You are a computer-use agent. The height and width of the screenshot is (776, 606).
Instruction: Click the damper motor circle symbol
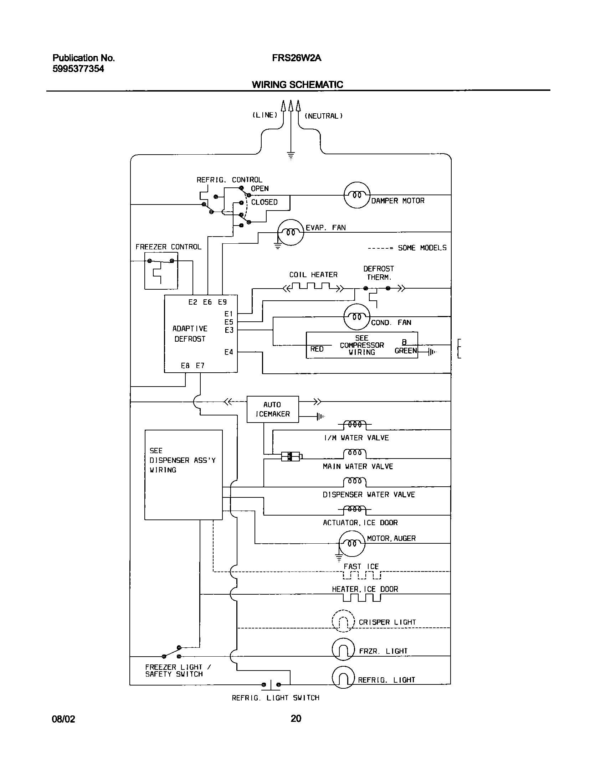coord(357,195)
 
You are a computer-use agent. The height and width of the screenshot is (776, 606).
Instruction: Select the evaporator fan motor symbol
coord(291,232)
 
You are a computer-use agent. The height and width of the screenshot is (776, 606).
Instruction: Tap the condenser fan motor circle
coord(357,317)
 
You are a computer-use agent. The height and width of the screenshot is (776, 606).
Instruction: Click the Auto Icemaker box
coord(273,409)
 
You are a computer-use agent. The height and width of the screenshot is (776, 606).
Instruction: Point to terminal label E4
coord(228,352)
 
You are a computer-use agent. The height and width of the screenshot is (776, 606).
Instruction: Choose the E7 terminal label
coord(200,366)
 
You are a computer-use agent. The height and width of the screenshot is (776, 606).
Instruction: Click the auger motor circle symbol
coord(351,543)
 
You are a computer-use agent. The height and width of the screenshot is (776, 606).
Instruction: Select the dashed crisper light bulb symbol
coord(343,621)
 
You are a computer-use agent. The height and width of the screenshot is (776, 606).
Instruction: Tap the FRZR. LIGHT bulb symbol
coord(343,650)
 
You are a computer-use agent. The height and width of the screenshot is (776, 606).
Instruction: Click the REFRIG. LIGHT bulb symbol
coord(343,677)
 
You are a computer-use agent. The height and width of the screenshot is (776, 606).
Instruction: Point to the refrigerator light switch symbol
coord(271,684)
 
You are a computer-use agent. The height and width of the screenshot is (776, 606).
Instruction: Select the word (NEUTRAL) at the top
coord(323,116)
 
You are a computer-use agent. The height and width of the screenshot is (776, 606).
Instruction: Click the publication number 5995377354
coord(78,69)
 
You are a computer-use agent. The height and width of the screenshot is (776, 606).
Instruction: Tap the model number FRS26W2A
coord(297,58)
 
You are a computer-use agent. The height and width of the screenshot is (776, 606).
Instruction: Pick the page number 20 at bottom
coord(296,718)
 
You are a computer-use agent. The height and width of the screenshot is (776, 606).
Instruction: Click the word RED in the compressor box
coord(317,349)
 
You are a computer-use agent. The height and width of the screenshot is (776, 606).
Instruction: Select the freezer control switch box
coord(161,271)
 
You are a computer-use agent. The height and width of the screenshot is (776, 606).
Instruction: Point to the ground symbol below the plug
coord(291,155)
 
